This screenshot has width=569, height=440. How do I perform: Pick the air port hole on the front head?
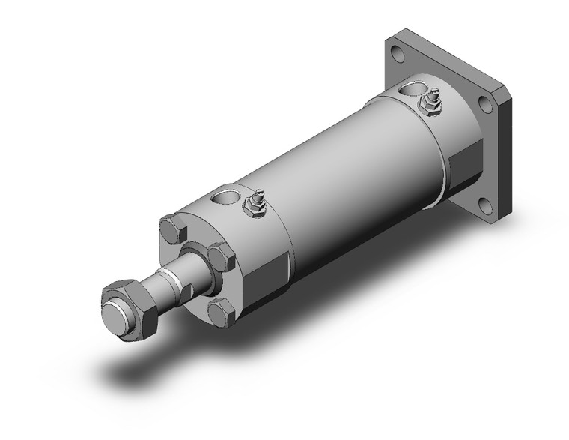tap(223, 199)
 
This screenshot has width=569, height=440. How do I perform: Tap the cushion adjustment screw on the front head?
tap(255, 204)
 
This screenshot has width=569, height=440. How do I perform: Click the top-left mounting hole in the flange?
tap(397, 52)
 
